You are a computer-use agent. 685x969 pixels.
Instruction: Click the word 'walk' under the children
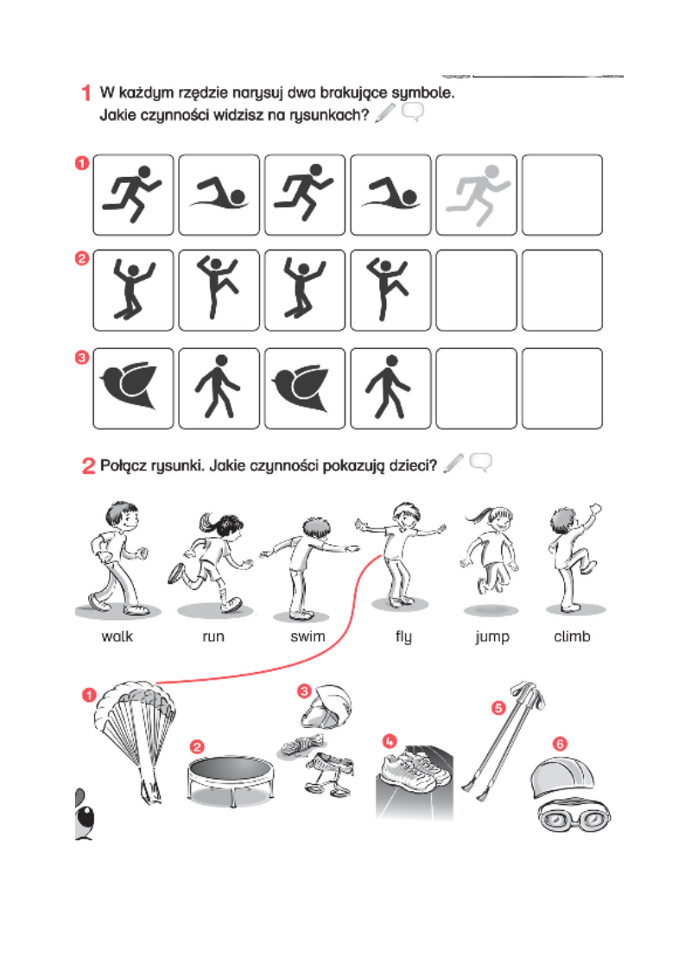(117, 636)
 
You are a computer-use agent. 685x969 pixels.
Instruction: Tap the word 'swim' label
(308, 636)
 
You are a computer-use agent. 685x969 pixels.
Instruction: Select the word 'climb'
(572, 636)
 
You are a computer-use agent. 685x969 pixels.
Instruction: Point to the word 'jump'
(492, 637)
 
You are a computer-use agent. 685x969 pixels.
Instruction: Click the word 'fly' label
(403, 637)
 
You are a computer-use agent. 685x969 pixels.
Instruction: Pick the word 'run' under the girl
(213, 637)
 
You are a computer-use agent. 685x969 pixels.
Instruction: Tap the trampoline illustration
(231, 781)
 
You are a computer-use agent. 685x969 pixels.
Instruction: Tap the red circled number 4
(389, 740)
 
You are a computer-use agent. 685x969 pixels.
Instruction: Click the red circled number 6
(560, 744)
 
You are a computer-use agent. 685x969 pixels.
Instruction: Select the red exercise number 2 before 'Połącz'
(88, 465)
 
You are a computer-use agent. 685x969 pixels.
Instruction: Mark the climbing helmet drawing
(326, 706)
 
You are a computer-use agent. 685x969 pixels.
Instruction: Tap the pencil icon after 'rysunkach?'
(384, 113)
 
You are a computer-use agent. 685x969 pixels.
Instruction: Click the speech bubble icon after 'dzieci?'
(481, 462)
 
